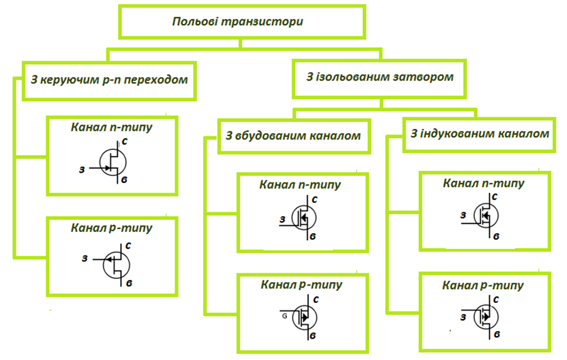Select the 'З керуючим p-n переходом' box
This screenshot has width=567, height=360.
(x=109, y=80)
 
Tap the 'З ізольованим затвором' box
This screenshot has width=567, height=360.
(x=379, y=78)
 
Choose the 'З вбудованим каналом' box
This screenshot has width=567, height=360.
(x=293, y=136)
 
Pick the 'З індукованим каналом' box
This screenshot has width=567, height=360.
(x=479, y=134)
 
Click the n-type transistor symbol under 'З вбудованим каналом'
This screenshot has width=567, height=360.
(x=304, y=218)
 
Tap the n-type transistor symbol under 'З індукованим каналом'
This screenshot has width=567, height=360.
(x=486, y=215)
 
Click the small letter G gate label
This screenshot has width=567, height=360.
(x=285, y=315)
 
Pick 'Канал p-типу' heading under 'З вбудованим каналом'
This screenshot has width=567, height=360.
(x=301, y=285)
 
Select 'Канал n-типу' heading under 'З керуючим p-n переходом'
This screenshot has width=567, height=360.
(x=112, y=127)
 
